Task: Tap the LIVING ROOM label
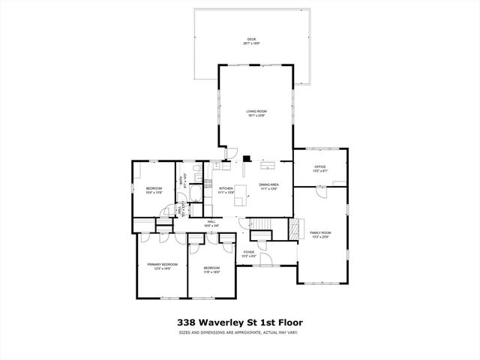point(256,112)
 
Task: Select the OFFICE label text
point(319,166)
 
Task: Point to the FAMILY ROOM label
point(320,232)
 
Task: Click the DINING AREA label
point(269,184)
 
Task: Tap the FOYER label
point(249,252)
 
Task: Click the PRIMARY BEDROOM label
point(162,264)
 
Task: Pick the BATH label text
point(181,181)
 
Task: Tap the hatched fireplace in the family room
point(295,228)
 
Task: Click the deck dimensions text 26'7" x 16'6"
point(250,43)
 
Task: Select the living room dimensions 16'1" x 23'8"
point(256,116)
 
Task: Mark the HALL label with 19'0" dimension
point(211,223)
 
